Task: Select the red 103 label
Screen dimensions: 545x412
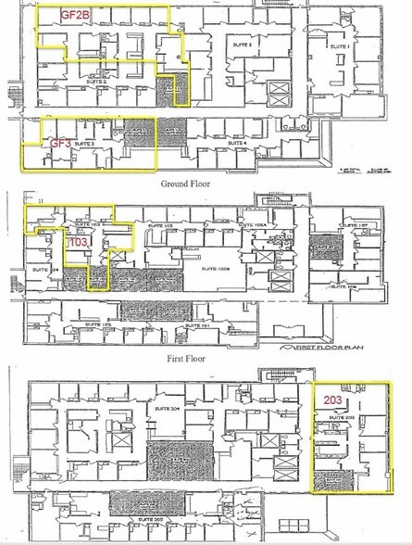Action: pos(79,243)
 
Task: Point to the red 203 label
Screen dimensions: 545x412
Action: pos(333,399)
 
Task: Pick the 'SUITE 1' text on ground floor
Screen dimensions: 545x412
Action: pos(341,45)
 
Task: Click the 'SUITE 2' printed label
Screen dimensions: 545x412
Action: pos(98,82)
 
